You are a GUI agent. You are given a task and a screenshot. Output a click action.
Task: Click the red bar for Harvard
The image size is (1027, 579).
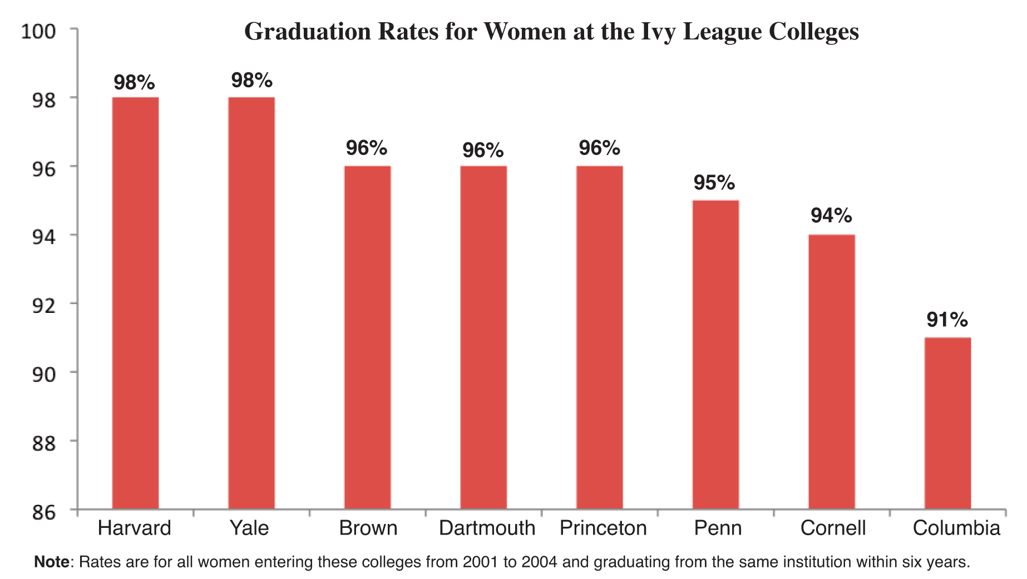[x=135, y=303]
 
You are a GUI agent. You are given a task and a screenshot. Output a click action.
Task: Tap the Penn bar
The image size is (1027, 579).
[x=715, y=354]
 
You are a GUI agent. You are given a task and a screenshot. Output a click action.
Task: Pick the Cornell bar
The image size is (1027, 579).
[x=831, y=371]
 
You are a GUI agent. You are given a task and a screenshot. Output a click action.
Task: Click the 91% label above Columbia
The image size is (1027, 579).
[x=947, y=320]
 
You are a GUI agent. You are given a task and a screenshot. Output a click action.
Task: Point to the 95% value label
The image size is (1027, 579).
[x=714, y=182]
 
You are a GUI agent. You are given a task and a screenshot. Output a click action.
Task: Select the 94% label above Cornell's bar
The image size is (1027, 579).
[x=831, y=215]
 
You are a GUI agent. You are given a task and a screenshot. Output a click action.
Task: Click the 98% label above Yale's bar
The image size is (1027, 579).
[x=251, y=80]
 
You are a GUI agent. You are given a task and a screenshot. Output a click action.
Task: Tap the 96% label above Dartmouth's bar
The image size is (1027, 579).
[x=483, y=150]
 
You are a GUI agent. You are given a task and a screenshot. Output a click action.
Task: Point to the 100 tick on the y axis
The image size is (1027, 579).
[x=38, y=31]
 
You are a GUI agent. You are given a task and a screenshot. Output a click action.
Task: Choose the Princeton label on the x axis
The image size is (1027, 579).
[x=603, y=528]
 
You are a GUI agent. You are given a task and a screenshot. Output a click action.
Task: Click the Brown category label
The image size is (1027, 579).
[x=368, y=528]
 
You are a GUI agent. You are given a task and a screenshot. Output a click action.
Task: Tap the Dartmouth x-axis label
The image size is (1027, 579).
[x=487, y=528]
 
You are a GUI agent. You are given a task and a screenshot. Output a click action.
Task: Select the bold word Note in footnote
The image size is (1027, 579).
[x=51, y=562]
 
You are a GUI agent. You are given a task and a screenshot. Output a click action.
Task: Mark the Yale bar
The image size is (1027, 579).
[x=251, y=303]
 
